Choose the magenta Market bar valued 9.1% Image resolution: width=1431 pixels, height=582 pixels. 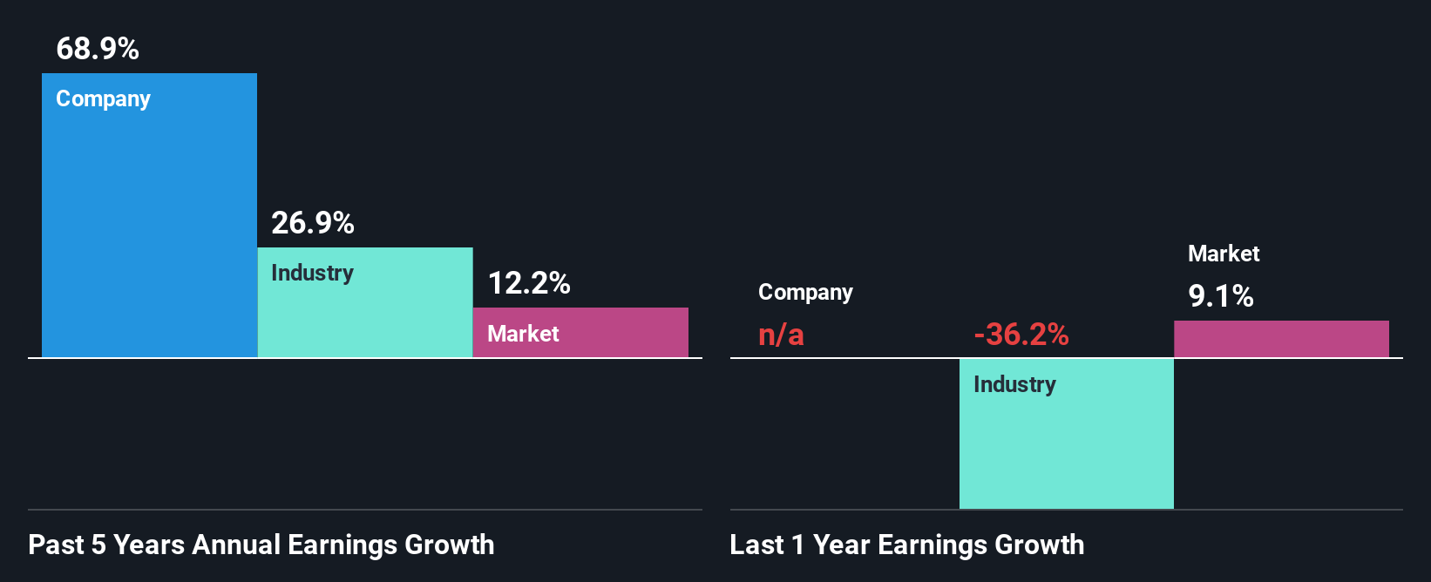1281,339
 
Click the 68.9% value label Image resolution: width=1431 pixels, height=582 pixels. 98,49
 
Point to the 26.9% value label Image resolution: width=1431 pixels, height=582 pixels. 313,223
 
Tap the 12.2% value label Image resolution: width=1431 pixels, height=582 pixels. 529,283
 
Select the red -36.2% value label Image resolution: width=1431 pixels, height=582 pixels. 1021,335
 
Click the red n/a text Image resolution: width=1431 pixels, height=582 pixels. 781,335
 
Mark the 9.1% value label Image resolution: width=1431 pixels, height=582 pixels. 1220,296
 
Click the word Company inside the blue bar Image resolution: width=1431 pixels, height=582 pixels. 103,99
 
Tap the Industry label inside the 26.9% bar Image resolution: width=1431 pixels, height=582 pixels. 312,273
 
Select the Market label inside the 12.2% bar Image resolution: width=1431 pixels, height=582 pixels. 523,334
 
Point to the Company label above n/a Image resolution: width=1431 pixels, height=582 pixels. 805,292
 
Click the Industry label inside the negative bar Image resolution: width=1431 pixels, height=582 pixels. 1014,384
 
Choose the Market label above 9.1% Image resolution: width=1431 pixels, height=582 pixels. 1224,254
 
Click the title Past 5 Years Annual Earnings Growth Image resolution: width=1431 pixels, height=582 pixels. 261,545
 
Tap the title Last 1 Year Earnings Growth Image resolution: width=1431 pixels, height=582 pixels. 906,545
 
